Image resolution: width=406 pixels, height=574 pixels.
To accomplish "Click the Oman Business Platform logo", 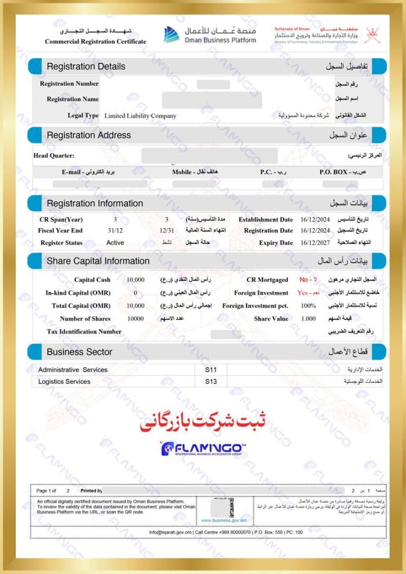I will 210,34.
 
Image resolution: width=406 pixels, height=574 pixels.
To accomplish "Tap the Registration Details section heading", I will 86,66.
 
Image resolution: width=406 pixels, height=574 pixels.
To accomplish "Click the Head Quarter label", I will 54,155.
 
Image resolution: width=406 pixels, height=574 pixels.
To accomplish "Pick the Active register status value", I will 116,243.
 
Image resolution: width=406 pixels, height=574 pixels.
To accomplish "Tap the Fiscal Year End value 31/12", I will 115,230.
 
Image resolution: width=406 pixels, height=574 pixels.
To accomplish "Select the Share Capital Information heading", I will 98,261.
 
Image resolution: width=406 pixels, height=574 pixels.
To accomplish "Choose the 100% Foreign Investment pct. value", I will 308,306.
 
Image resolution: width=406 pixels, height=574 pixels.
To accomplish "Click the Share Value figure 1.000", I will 308,319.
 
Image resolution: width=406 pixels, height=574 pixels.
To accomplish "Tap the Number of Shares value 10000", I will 136,319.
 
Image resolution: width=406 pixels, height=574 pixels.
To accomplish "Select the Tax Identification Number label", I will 84,332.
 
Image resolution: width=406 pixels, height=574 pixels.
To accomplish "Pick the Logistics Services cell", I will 64,382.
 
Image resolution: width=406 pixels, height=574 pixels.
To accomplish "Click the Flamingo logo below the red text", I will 203,448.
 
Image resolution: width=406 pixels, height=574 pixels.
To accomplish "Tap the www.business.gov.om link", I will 224,521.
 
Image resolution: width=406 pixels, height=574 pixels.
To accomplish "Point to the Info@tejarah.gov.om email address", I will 170,532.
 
